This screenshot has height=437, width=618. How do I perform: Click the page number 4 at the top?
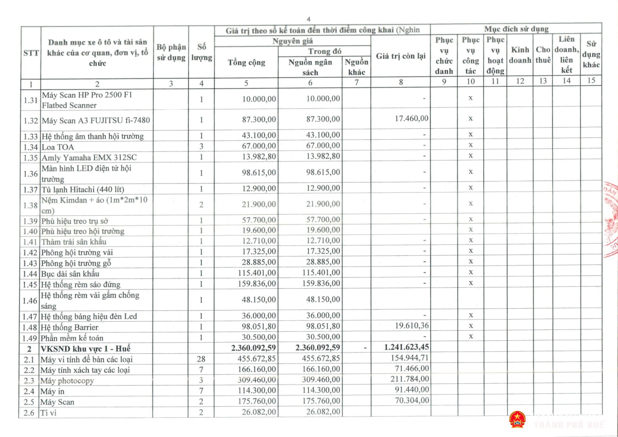(309, 19)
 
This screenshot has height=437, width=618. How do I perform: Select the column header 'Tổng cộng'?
(246, 62)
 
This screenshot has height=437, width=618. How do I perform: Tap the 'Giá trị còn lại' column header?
(400, 56)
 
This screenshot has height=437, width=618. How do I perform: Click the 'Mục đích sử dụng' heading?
(516, 29)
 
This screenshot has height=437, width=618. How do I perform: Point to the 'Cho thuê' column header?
(543, 55)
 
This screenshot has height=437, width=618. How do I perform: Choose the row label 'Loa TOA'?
(57, 147)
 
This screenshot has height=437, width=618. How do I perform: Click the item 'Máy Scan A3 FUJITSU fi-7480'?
(95, 120)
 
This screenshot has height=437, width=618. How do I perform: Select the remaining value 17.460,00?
(411, 118)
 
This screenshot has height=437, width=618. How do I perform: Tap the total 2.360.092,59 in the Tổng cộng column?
(253, 348)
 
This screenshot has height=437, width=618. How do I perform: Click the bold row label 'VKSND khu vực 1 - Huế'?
(85, 348)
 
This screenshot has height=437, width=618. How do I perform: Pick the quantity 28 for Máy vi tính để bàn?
(201, 359)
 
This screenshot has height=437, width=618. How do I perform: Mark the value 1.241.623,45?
(406, 347)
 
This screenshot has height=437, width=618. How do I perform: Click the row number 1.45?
(30, 285)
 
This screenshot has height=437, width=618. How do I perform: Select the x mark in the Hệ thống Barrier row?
(471, 326)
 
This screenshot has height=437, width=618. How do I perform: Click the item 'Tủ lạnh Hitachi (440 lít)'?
(82, 189)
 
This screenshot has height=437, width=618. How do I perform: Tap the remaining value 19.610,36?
(411, 325)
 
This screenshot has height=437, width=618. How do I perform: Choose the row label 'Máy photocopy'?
(67, 381)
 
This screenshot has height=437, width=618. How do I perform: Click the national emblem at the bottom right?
(517, 420)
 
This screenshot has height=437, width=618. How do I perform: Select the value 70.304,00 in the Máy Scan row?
(411, 400)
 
